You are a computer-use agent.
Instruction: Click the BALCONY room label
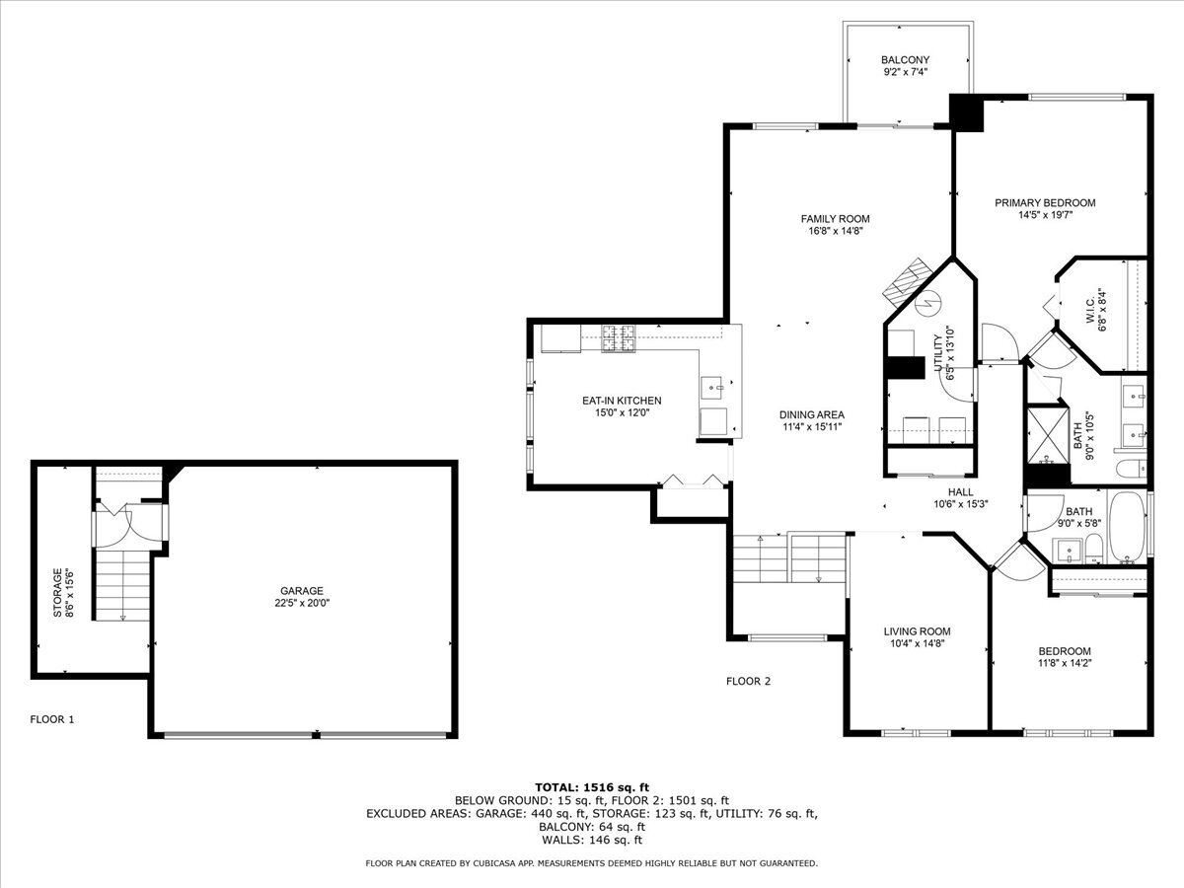(x=905, y=59)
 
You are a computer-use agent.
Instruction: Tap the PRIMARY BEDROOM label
(x=1045, y=203)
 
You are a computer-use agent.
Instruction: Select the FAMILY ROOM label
(x=835, y=219)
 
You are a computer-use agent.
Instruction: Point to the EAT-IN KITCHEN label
(x=622, y=401)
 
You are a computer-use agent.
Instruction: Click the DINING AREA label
(x=812, y=414)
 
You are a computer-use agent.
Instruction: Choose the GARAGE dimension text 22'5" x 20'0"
(x=302, y=603)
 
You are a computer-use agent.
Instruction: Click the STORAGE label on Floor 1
(x=58, y=592)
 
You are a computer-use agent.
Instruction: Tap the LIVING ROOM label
(x=917, y=631)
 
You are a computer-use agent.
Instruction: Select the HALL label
(x=960, y=491)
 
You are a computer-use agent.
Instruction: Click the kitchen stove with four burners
(x=622, y=338)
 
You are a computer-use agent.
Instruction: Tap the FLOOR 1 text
(x=52, y=719)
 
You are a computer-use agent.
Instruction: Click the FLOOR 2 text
(x=748, y=681)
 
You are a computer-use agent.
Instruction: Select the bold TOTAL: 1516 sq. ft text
(x=592, y=786)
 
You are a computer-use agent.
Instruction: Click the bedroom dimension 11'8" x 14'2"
(x=1065, y=664)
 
